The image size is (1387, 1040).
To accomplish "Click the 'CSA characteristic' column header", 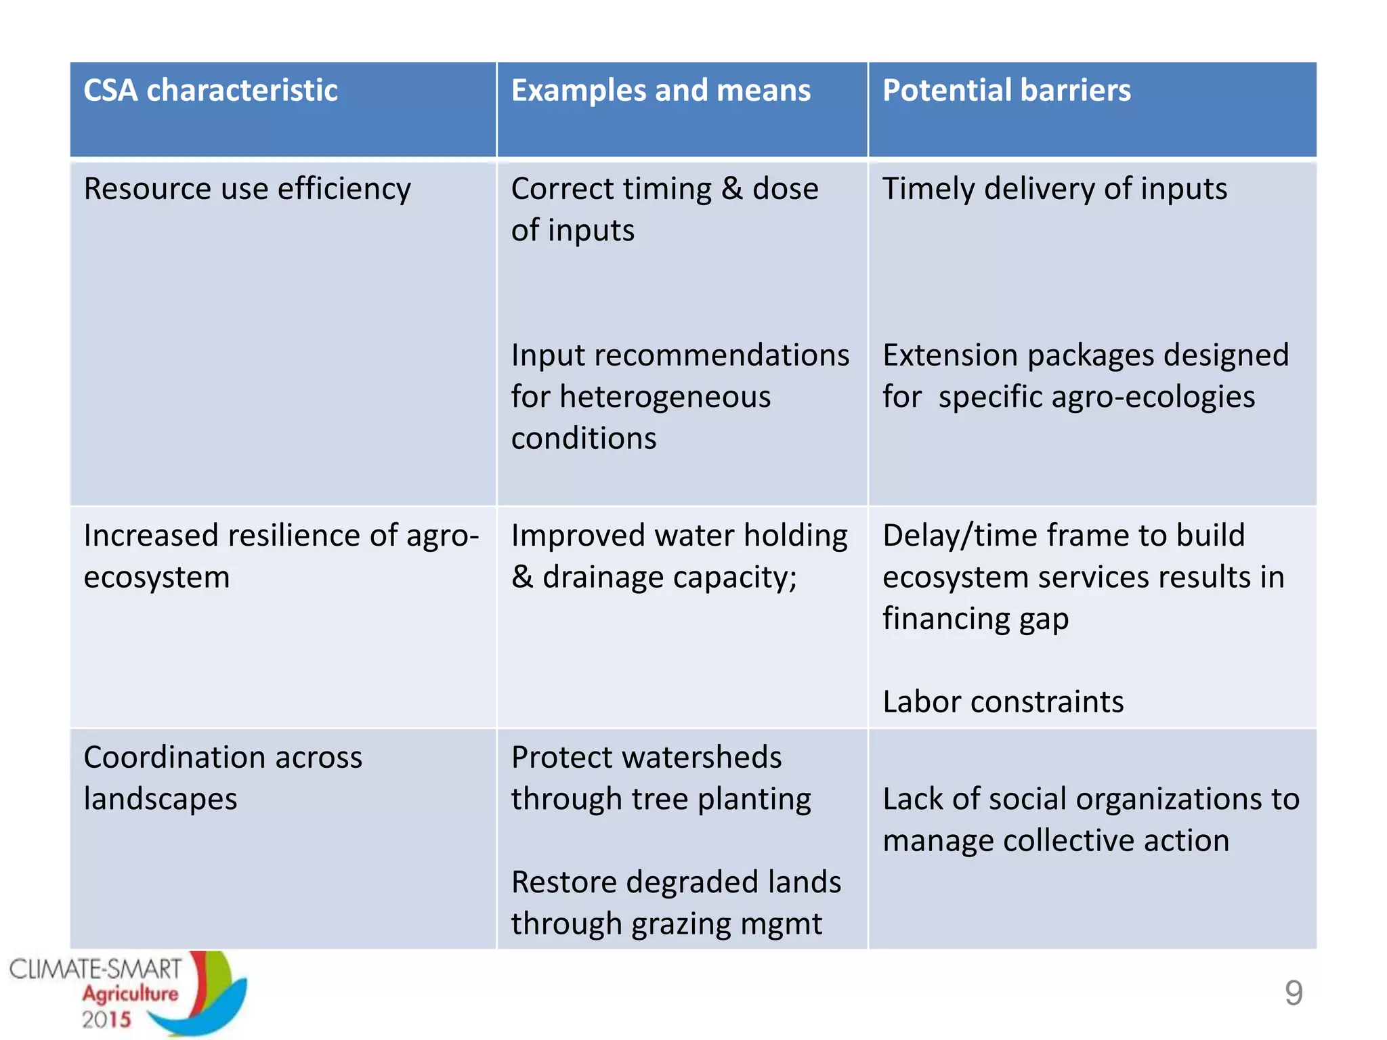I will point(211,91).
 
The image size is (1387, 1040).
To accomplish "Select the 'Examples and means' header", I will point(660,91).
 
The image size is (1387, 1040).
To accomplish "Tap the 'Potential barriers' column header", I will point(1006,91).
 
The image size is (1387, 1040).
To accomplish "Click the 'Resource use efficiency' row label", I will point(247,189).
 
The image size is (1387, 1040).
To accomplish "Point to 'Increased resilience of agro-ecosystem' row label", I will point(280,556).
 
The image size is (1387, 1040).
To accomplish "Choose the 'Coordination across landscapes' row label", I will point(223,778).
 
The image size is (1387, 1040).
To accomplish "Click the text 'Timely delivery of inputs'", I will point(1054,189).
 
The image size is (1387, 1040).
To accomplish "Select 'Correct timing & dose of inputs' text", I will point(664,209).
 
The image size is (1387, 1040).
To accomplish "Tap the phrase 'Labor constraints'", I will point(1003,702).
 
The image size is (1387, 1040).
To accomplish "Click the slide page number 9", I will point(1294,993).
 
